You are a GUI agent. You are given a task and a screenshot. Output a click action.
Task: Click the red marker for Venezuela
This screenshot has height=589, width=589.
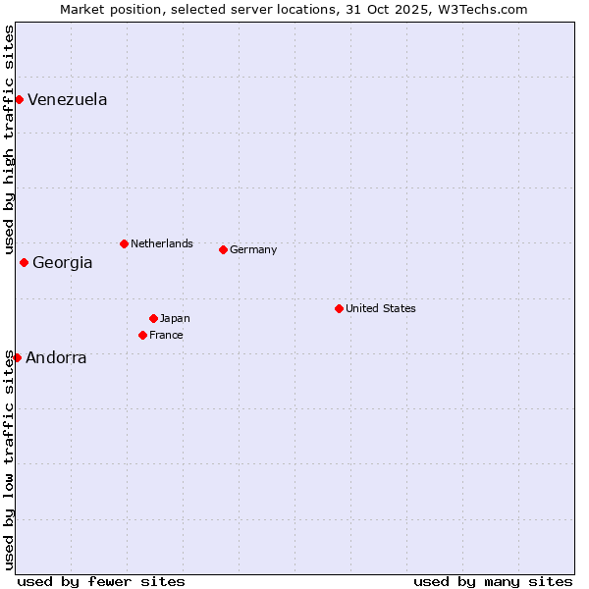pos(19,99)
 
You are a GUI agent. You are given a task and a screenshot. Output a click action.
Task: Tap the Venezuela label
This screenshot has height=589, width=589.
pos(67,100)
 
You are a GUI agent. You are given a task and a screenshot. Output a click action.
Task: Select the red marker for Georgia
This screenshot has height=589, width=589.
pos(24,262)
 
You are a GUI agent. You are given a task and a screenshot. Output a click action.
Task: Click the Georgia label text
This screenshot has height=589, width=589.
pos(62,263)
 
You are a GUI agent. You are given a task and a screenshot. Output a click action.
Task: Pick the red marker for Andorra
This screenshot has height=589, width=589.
pos(17,357)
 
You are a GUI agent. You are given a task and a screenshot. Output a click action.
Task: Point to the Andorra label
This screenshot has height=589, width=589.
pos(56,358)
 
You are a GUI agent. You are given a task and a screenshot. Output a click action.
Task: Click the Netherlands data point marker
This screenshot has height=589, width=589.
pos(124,243)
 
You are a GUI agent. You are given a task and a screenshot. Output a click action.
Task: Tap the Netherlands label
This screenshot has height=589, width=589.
pos(161,244)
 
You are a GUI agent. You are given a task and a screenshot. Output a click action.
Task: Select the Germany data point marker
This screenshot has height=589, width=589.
pos(223,249)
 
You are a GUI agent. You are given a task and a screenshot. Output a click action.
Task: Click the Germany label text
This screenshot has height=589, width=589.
pos(253,250)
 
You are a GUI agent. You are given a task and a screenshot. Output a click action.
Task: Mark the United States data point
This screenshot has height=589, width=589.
pos(339,308)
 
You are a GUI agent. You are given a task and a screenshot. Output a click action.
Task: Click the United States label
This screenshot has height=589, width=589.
pos(380,309)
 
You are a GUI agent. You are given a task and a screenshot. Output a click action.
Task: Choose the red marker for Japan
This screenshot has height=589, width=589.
pos(153,318)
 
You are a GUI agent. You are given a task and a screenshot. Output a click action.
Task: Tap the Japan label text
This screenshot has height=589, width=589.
pos(175,319)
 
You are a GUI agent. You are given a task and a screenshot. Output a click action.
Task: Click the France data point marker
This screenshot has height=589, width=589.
pos(142,335)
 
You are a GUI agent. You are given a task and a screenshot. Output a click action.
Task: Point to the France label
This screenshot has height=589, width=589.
pos(166,336)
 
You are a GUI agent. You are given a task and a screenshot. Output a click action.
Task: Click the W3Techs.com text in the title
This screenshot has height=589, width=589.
pos(484,9)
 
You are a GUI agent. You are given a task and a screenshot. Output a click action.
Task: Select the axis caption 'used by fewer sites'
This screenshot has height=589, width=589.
pos(101,581)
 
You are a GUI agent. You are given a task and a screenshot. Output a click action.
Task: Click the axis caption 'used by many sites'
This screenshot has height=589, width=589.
pos(493,581)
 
